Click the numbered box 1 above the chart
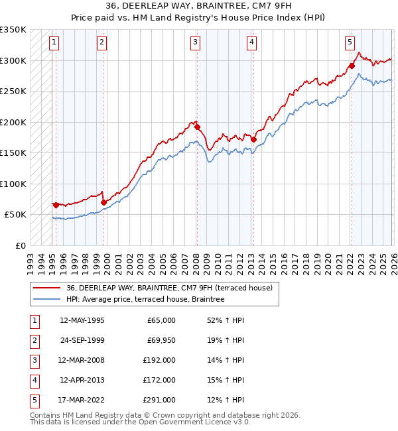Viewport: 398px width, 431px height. click(x=54, y=42)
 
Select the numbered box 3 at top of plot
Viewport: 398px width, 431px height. click(x=196, y=42)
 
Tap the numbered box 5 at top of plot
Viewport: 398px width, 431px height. click(x=350, y=42)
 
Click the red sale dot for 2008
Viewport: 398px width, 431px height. click(x=197, y=127)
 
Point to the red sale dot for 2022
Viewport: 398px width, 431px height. click(x=352, y=66)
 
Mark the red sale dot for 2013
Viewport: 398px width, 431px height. click(x=253, y=139)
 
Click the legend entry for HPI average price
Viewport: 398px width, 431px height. click(x=145, y=300)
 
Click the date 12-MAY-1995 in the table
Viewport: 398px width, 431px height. click(x=82, y=320)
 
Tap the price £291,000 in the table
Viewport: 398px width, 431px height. click(x=159, y=400)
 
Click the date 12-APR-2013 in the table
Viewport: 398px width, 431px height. click(x=82, y=380)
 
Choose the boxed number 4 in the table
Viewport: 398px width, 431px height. click(x=34, y=380)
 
